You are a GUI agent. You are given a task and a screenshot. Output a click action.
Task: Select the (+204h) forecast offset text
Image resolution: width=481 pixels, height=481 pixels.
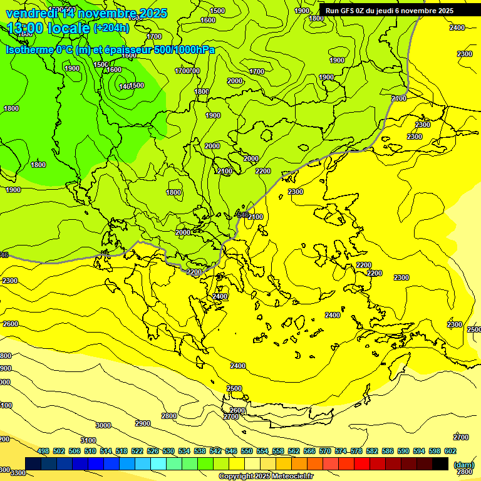click(111, 28)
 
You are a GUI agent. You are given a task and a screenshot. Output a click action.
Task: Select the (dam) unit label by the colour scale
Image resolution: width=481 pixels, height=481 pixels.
click(463, 465)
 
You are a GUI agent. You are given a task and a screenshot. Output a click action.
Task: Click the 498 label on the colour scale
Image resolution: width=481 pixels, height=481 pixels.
click(43, 451)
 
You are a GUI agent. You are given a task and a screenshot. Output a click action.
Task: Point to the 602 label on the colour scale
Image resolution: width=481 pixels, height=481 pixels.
click(450, 451)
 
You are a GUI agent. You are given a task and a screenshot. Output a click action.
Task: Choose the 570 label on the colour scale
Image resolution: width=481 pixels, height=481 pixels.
click(324, 451)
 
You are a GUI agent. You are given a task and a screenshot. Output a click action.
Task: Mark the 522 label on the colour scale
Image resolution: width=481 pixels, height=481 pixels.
click(137, 451)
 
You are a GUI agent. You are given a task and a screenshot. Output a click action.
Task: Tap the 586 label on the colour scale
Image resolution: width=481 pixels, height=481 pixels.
click(387, 451)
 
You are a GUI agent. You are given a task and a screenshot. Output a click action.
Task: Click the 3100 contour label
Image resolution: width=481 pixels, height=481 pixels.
click(88, 440)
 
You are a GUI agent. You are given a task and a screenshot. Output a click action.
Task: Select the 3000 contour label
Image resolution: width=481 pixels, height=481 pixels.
click(103, 425)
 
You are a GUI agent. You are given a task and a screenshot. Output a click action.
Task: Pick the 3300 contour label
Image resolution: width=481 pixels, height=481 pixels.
click(18, 472)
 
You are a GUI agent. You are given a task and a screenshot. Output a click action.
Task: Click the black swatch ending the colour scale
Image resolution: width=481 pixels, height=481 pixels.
click(440, 463)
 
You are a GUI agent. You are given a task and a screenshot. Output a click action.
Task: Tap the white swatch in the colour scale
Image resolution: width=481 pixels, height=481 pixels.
click(252, 463)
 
